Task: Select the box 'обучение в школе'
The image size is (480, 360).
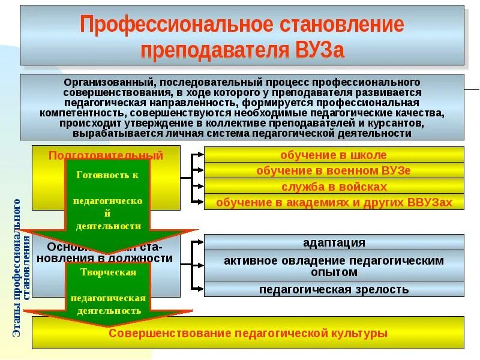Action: click(334, 155)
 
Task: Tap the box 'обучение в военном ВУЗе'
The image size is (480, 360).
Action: click(334, 171)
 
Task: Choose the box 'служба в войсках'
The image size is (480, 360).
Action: click(334, 187)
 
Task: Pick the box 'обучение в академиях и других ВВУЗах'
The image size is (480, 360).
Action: click(334, 202)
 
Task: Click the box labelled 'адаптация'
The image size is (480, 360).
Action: click(334, 243)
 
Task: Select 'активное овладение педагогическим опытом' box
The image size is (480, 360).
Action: click(334, 266)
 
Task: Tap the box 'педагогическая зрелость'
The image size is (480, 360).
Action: click(334, 290)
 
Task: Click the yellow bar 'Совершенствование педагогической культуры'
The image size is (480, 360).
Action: click(248, 333)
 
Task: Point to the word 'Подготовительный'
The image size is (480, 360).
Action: click(106, 155)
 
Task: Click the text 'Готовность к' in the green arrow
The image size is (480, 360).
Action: click(108, 175)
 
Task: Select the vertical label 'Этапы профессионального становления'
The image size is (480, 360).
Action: click(22, 267)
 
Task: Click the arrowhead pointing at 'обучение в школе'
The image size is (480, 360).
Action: click(200, 155)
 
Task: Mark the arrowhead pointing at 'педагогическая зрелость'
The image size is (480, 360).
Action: click(200, 290)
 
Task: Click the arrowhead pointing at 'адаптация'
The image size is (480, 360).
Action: click(200, 243)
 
